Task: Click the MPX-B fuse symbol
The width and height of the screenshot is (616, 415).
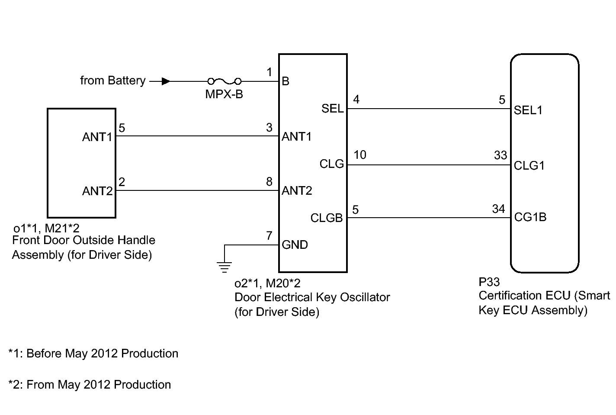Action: point(224,81)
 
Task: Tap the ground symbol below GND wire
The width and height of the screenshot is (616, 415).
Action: point(224,267)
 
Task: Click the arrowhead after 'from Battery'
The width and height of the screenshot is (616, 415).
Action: point(166,81)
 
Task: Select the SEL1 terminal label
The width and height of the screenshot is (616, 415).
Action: point(528,110)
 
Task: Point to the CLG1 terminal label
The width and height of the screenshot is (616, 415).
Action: point(529,165)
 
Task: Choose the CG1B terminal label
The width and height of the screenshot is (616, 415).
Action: point(530,217)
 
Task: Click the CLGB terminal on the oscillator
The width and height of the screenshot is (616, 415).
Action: point(327,218)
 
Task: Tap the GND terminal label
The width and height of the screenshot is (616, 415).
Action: point(295,245)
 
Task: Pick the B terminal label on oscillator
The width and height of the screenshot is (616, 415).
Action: point(286,81)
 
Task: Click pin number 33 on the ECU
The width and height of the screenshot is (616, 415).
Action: point(500,155)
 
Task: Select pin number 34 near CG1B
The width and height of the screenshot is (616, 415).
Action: point(498,209)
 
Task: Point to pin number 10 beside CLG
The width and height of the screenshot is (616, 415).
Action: point(359,155)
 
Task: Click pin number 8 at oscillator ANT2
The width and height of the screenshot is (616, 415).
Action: point(269,182)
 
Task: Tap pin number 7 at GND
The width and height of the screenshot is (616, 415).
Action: point(269,236)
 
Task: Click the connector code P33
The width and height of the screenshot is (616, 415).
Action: point(489,282)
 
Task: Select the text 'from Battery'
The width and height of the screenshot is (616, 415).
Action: point(112,80)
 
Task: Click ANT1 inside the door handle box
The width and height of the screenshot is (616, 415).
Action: point(97,137)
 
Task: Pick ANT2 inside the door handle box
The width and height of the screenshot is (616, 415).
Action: point(97,191)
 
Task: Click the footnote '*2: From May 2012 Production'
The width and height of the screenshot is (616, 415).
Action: point(90,385)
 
